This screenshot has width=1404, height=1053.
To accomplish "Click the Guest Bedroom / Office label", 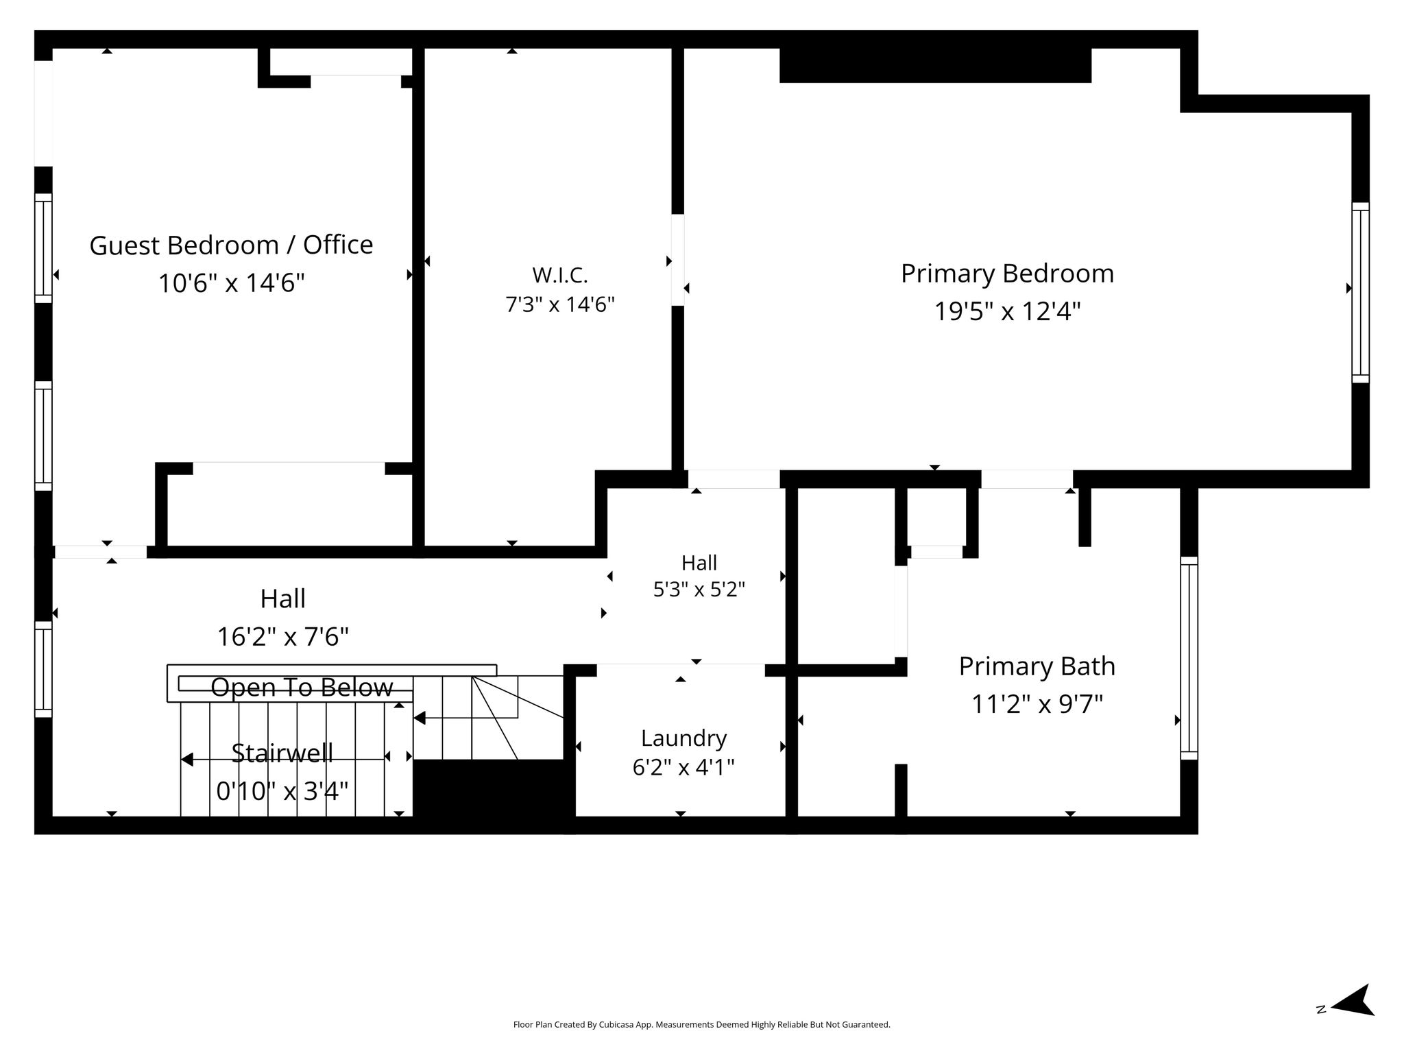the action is coord(231,245).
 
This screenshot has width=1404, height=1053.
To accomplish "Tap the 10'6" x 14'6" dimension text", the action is coord(231,282).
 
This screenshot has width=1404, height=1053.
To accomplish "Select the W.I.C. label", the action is coord(560,276).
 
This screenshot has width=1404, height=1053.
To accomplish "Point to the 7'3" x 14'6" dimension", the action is coord(560,304).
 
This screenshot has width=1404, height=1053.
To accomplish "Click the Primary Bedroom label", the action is coord(1007,274).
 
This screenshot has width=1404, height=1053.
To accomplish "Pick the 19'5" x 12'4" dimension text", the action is coord(1007,311).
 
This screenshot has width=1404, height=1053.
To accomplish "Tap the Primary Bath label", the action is coord(1037,666).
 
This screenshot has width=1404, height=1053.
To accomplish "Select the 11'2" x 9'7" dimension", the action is coord(1037,703).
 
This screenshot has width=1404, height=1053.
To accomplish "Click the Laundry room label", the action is coord(683,738).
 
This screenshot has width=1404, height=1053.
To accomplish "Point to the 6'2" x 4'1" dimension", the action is coord(683,767).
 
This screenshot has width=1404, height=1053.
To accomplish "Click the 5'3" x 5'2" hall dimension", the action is coord(699,590).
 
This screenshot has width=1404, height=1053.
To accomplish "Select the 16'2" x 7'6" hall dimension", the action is coord(282,637).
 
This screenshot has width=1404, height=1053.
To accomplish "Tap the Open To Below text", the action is coord(302,687).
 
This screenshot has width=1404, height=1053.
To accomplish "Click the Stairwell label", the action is coord(282,753).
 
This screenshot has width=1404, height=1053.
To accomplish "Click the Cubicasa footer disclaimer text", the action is coord(701,1025).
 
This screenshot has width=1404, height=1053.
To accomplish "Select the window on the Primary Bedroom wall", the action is coord(1360,293).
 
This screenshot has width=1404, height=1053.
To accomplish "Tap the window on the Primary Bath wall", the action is coord(1189,658).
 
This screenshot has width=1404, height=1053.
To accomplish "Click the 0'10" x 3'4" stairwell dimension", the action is coord(282,791).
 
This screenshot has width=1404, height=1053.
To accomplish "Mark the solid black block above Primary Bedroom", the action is coord(935,66).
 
